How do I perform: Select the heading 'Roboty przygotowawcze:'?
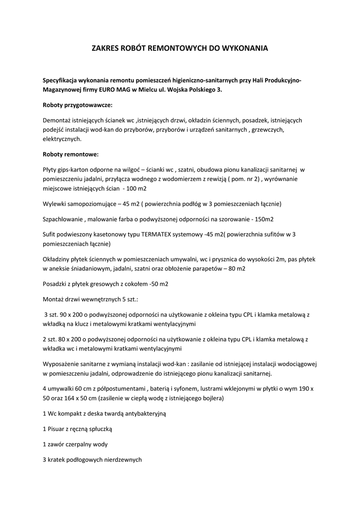(x=78, y=105)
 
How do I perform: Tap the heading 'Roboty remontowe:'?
(x=71, y=154)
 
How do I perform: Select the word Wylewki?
(x=56, y=204)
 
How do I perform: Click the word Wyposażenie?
(x=64, y=363)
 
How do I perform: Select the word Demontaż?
(x=57, y=120)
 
